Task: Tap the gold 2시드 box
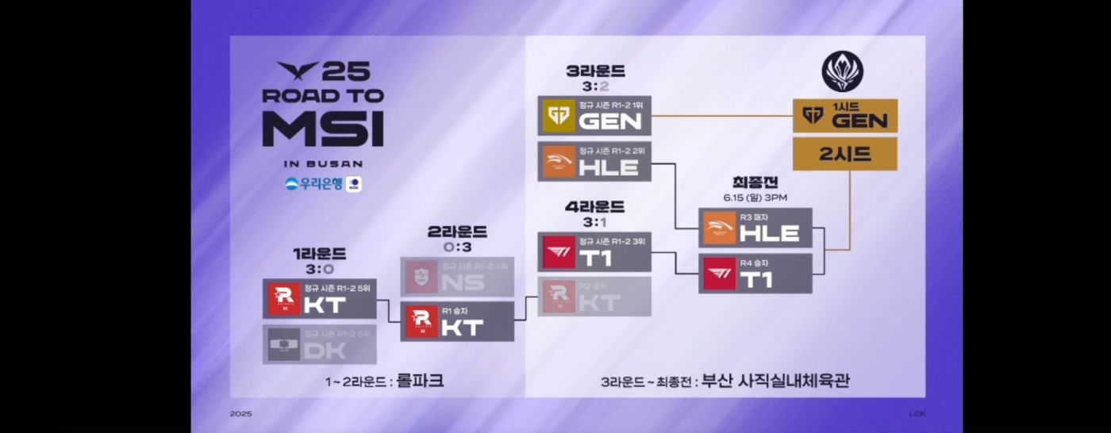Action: pos(845,154)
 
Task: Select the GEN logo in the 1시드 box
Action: pos(811,116)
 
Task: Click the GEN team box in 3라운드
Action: pos(594,117)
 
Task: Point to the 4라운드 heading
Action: pos(594,207)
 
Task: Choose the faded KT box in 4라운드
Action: pos(594,297)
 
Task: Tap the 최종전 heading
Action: pos(755,182)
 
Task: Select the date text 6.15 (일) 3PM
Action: pos(755,197)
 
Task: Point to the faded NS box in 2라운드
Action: pos(458,276)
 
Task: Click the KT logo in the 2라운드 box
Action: pos(421,321)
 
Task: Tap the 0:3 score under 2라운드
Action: pos(458,247)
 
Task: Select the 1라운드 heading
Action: pos(319,254)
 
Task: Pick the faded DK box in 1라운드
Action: pos(320,343)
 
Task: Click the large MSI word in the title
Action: pos(323,128)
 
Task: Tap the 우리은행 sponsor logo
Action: pos(315,184)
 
